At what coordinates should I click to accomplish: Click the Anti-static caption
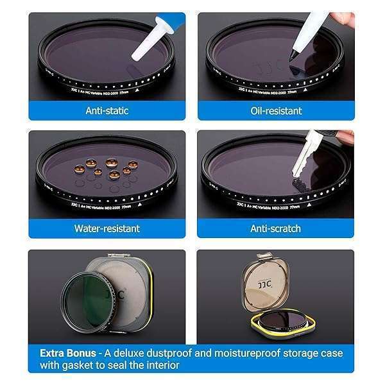pyautogui.click(x=107, y=110)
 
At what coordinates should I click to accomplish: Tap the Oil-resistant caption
pyautogui.click(x=275, y=110)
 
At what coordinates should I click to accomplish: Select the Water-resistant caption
pyautogui.click(x=107, y=228)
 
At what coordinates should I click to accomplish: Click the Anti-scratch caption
pyautogui.click(x=275, y=228)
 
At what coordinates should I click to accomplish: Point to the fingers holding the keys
pyautogui.click(x=345, y=137)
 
